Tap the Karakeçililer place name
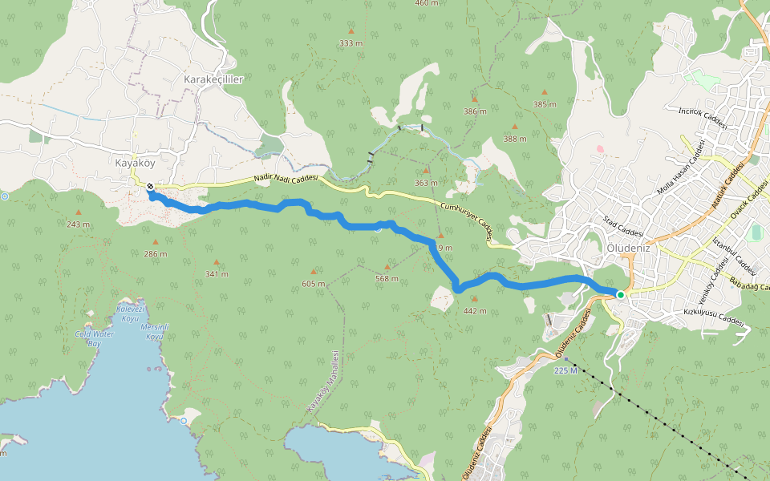pos(213,79)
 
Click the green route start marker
pos(620,295)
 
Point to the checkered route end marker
pos(150,186)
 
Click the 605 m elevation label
pos(314,284)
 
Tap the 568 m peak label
pos(387,278)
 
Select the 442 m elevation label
pos(475,310)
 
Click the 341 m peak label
pos(217,274)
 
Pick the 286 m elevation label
pos(156,253)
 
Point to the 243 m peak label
pos(78,224)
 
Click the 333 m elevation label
pos(351,43)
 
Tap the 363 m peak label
pos(426,183)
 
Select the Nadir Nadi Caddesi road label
pos(286,178)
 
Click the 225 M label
pos(565,370)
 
